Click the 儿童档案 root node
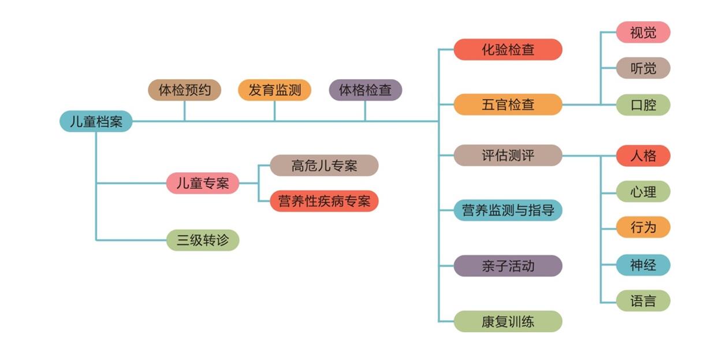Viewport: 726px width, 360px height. pos(96,122)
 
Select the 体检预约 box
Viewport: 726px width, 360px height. pos(184,90)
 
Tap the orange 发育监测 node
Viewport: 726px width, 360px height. pos(274,90)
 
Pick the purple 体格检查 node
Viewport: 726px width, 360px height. pos(365,90)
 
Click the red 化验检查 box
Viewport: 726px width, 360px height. pos(508,50)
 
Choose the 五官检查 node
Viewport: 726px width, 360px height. pos(508,105)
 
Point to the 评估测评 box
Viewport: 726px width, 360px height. pos(508,155)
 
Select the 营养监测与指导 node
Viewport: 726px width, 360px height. pos(508,210)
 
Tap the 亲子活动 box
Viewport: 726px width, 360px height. pos(508,266)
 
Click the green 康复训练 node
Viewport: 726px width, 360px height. pos(508,321)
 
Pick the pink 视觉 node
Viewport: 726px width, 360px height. pos(643,32)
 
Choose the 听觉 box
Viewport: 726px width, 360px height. pos(643,68)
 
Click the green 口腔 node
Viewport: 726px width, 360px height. pos(643,105)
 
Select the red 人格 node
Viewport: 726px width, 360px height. pos(643,155)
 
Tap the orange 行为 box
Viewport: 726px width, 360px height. pos(643,227)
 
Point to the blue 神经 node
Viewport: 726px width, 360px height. pos(643,265)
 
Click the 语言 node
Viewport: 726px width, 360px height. pos(643,301)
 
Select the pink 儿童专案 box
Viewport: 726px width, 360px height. pos(202,183)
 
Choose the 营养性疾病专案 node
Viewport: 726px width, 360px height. pos(324,201)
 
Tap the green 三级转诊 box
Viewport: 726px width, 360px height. pos(202,240)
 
